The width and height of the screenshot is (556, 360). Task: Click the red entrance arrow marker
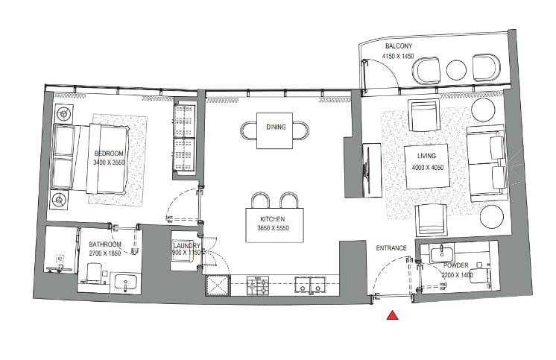coord(392,315)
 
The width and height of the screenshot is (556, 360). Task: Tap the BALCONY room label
coord(399,45)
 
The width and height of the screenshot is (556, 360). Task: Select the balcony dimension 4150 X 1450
coord(398,56)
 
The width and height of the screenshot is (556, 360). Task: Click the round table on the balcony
coord(456,70)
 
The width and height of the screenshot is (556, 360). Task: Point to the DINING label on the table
coord(276,127)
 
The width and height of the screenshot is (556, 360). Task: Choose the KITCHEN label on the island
coord(272,219)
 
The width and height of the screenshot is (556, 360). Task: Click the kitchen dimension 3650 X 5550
coord(273,228)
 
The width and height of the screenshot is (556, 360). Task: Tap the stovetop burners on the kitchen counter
coord(258,285)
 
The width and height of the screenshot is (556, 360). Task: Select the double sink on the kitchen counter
coord(310,285)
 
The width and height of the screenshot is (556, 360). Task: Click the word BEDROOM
coord(109,154)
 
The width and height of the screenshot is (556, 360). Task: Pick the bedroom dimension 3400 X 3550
coord(109,162)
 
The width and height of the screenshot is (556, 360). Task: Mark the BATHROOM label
coord(105,244)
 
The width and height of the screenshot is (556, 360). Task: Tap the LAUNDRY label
coord(187,246)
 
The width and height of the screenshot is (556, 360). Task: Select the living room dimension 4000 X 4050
coord(428,168)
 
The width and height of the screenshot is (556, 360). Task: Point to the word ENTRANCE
coord(391,248)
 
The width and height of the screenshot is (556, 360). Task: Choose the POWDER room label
coord(456,265)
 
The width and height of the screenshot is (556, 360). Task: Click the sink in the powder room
coord(442,253)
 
